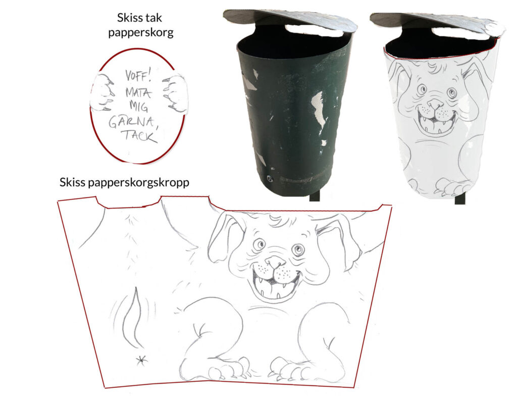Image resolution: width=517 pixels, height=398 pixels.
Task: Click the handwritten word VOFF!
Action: click(x=138, y=76)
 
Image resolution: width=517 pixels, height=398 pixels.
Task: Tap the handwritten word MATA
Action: click(x=138, y=92)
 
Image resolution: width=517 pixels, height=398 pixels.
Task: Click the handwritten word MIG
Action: click(x=138, y=106)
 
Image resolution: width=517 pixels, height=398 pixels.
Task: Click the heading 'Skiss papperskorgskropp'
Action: click(x=124, y=183)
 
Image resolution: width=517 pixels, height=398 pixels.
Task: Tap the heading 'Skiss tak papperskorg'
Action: click(x=140, y=25)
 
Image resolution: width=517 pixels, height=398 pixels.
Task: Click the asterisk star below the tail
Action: click(x=142, y=361)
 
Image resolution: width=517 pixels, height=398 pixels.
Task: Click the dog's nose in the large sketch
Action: click(x=276, y=262)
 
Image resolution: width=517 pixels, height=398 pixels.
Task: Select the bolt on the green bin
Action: click(x=271, y=178)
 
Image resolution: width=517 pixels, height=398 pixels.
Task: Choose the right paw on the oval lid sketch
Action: click(x=175, y=93)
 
